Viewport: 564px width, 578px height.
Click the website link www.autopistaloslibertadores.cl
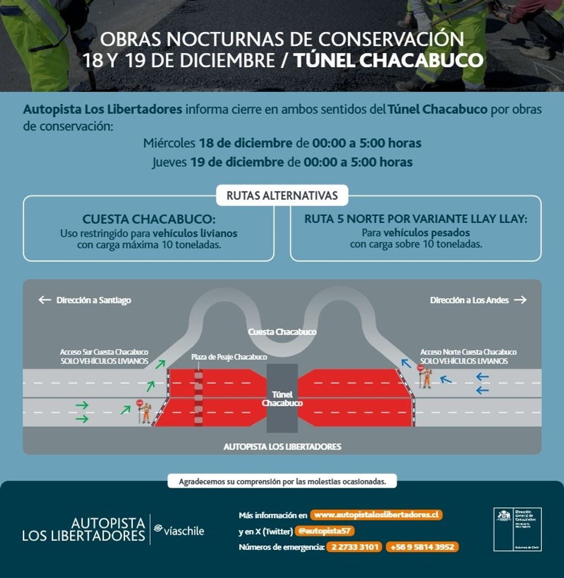376,515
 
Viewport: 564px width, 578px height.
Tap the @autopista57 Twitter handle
324,531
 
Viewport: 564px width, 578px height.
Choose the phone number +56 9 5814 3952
422,547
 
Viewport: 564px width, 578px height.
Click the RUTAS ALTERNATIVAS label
282,195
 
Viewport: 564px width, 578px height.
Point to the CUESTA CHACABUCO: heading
149,219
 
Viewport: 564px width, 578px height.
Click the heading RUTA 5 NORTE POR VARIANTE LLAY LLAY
416,219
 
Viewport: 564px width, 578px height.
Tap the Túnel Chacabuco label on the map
282,399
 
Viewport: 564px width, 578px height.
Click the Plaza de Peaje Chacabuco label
229,357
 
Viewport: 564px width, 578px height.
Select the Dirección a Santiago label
94,300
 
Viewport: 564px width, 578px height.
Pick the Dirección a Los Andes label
469,300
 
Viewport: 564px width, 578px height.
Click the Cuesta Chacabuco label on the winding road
282,332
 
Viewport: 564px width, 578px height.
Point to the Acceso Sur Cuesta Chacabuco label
104,352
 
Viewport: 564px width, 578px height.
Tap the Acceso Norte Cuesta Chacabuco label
468,352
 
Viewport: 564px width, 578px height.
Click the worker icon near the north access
426,377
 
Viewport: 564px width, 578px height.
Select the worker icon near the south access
145,412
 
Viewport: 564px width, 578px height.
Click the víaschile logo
179,530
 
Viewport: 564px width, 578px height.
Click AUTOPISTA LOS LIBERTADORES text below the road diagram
282,446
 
